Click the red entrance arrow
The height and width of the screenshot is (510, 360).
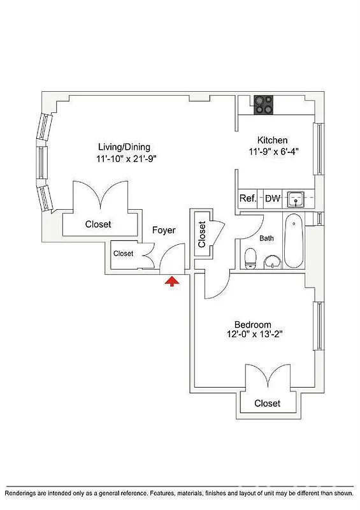(171, 282)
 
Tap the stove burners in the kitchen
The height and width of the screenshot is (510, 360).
(264, 105)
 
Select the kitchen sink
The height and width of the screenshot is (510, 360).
(296, 199)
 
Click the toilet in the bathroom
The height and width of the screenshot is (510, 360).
(251, 258)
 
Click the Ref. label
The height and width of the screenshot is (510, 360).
(247, 198)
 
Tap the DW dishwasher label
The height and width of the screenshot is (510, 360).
(273, 198)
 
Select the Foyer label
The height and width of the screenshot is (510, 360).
(164, 230)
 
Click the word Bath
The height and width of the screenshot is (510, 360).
(266, 238)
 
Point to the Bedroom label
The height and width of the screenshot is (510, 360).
(252, 324)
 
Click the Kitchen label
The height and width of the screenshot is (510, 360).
(272, 140)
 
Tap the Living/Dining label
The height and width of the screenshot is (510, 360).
(124, 147)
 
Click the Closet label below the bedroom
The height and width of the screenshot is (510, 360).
(268, 404)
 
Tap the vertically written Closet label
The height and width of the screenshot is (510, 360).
(203, 234)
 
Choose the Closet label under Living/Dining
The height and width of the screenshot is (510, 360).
(98, 224)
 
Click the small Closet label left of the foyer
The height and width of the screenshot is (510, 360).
(124, 254)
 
